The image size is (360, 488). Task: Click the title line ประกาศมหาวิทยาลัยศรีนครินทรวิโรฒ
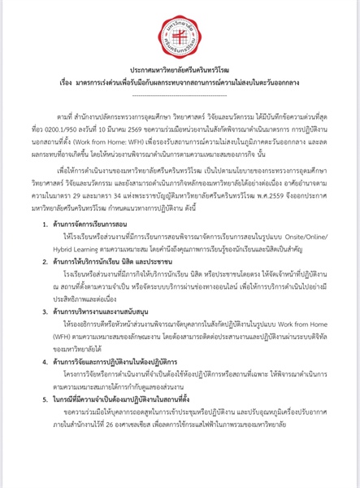coord(180,72)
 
